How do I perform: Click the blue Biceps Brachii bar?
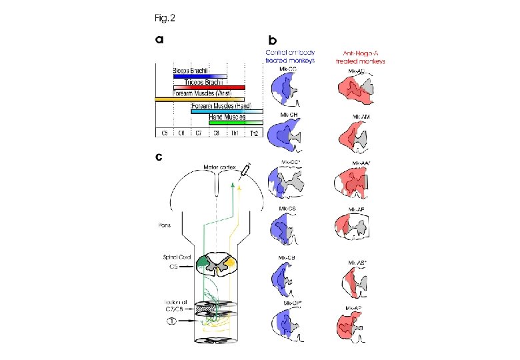point(200,77)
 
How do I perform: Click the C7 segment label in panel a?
point(198,133)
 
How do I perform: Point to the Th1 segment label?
point(234,133)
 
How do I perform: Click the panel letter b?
point(271,40)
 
